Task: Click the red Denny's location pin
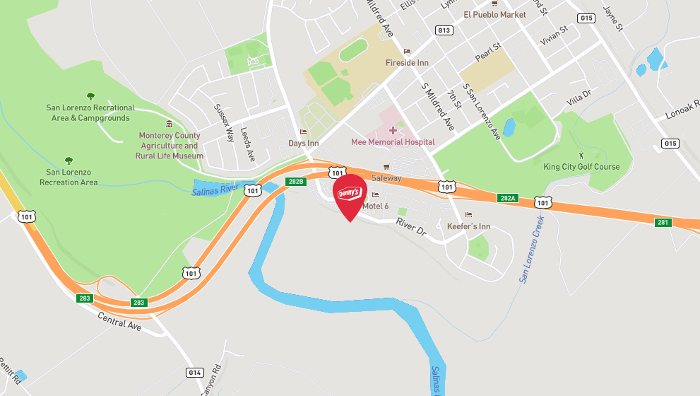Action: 350,194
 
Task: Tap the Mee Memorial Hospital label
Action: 393,142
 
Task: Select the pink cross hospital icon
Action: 393,130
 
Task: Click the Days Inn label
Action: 304,144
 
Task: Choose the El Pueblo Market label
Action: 494,14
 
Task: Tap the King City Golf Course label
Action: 581,167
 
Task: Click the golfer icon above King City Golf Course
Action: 581,154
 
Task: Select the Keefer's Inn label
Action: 468,226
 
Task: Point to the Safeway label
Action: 386,178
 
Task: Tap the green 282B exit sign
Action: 296,182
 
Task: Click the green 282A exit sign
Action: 507,198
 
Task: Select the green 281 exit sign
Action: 663,222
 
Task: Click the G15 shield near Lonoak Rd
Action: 670,144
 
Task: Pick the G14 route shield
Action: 194,372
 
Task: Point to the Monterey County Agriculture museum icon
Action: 169,124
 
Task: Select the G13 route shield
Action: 444,30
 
